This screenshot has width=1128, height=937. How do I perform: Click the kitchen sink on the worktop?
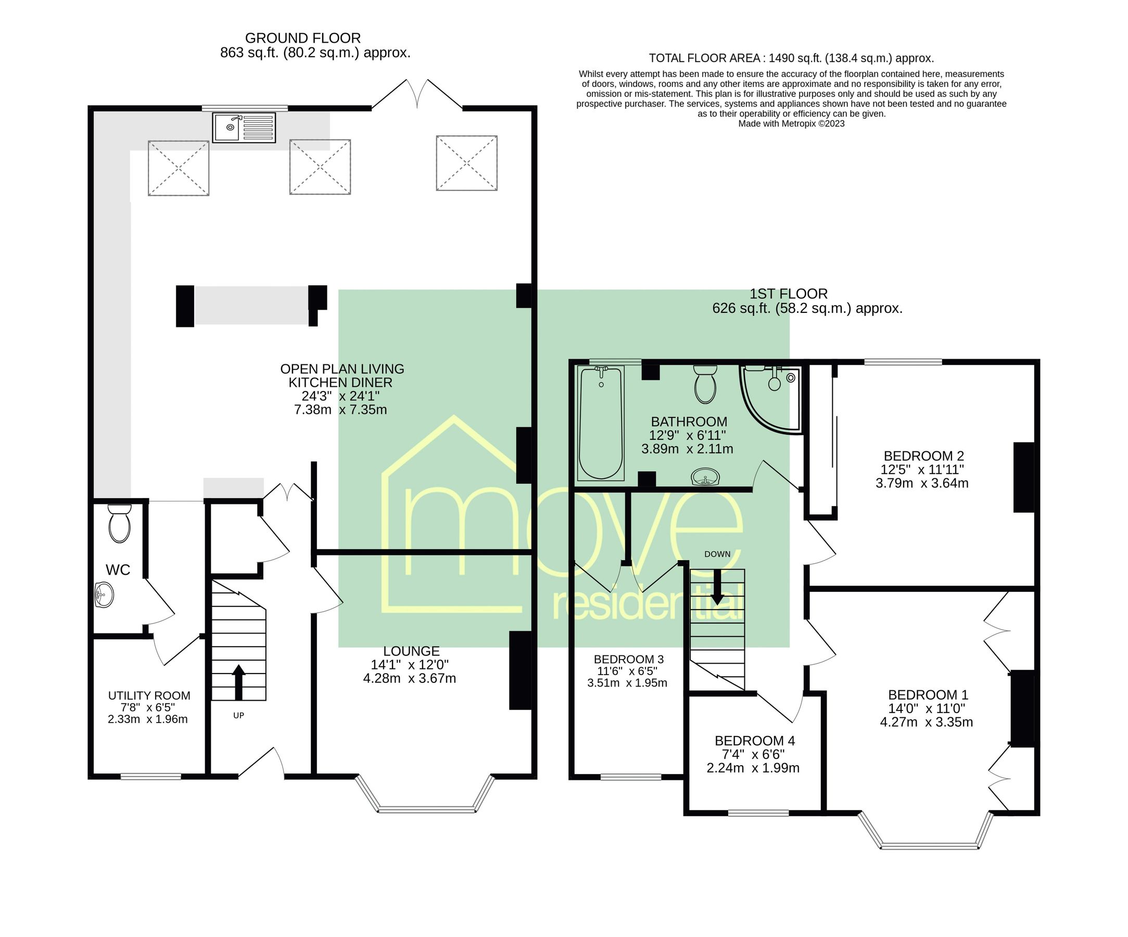243,128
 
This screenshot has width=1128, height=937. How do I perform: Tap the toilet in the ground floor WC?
119,524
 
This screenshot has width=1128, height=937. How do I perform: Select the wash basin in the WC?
103,595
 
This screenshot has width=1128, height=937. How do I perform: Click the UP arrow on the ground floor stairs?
238,681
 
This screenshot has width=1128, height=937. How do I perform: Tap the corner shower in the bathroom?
769,398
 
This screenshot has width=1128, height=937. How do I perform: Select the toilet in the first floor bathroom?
705,385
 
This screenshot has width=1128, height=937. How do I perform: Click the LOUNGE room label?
411,651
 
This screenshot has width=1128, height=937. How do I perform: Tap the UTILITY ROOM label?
149,696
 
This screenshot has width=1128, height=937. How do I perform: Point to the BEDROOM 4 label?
754,741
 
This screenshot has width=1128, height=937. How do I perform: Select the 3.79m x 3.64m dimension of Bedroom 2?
922,483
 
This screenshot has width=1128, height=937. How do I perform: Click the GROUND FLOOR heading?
302,38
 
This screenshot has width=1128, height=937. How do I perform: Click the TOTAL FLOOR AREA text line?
791,58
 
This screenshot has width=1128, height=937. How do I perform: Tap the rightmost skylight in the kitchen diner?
466,163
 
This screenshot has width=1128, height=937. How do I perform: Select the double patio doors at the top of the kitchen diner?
417,96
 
